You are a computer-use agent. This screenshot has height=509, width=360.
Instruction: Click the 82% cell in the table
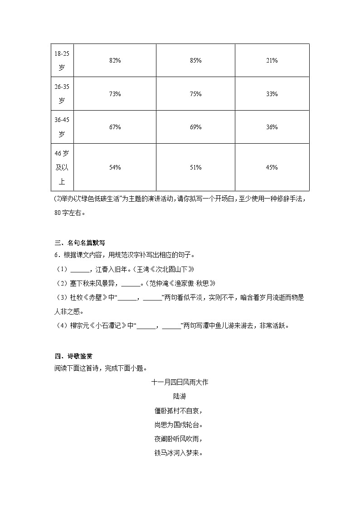[x=115, y=61]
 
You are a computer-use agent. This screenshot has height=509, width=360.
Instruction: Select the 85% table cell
[x=195, y=61]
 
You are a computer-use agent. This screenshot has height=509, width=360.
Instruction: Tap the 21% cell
[x=272, y=61]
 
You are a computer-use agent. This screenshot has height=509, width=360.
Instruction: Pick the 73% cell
[x=115, y=94]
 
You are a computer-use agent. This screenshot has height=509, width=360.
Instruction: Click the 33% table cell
[x=272, y=94]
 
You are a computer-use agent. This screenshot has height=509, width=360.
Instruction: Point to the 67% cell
[x=115, y=127]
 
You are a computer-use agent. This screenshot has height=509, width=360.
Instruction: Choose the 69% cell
[x=195, y=127]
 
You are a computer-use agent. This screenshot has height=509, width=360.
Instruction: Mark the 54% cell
[x=115, y=168]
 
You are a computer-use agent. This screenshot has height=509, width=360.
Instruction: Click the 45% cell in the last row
[x=272, y=168]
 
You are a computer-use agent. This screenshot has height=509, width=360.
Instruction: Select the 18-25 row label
[x=62, y=61]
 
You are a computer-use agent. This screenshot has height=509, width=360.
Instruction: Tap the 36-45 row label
[x=62, y=127]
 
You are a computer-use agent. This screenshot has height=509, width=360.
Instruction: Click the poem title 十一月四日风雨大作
[x=180, y=383]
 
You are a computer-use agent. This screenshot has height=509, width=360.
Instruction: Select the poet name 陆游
[x=180, y=397]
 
